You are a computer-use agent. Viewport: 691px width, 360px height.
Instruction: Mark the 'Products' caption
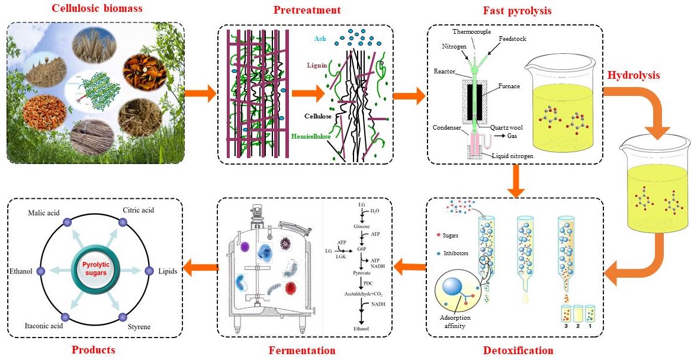pos(93,350)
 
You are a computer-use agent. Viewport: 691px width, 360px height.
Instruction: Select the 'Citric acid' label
pos(139,210)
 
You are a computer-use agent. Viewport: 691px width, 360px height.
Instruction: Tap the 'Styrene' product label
pos(139,326)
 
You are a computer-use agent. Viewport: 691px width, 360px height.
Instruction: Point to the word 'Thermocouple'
pos(473,31)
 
